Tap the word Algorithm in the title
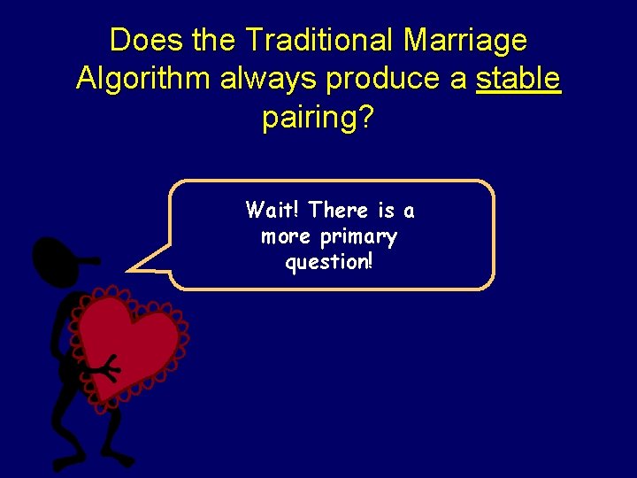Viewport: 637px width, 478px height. [x=144, y=79]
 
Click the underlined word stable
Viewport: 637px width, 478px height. [x=518, y=79]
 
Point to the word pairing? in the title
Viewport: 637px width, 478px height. [x=318, y=118]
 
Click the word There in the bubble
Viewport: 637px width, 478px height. [x=339, y=210]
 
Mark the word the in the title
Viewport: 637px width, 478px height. [x=212, y=40]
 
